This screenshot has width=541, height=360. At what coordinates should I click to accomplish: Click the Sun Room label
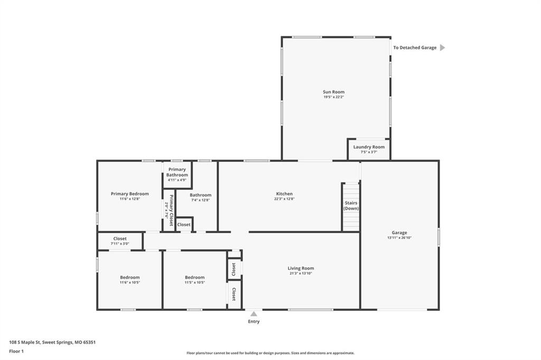pos(334,92)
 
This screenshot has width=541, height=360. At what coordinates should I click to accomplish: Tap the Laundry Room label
pos(369,146)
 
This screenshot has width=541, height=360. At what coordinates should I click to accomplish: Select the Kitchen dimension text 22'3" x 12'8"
pos(284,199)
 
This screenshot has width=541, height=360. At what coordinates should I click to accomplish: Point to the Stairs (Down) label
pos(351,206)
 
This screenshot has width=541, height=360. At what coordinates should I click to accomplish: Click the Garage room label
pos(399,233)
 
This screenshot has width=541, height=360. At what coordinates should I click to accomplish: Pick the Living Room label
pos(301,268)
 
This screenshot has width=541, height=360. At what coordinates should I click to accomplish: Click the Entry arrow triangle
pos(254,314)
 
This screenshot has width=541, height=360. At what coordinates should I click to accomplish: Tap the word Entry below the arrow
pos(254,321)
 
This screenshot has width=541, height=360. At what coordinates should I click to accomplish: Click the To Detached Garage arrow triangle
pos(442,48)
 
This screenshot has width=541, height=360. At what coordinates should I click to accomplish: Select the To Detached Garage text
pos(415,48)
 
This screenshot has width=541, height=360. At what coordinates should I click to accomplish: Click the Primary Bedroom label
pos(130,193)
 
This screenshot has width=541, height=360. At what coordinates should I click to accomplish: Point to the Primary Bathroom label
pos(177,172)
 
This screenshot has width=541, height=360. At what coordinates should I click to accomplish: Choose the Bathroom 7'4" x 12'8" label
pos(200,195)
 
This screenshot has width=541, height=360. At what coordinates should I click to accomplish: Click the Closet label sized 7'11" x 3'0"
pos(120,238)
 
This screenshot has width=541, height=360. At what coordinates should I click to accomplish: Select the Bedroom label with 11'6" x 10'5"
pos(130,277)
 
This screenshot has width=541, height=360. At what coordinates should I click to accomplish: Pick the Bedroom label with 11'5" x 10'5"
pos(194,277)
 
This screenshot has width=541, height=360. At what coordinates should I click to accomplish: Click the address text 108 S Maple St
pos(25,343)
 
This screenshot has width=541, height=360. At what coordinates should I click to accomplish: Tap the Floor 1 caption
pos(16,352)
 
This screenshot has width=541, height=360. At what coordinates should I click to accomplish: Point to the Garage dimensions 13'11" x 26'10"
pos(399,237)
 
